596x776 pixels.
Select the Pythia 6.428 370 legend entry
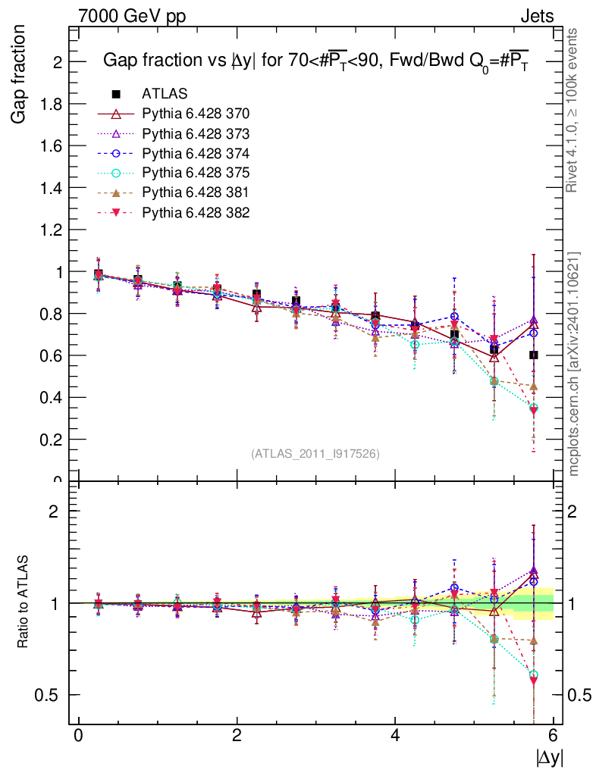click(196, 114)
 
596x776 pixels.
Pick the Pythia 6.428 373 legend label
click(196, 133)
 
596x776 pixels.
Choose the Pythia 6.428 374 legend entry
click(196, 153)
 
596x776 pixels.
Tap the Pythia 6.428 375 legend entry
click(196, 173)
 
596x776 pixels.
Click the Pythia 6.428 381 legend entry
click(196, 192)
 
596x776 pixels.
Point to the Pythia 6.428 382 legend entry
click(196, 212)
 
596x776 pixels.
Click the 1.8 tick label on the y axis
click(52, 104)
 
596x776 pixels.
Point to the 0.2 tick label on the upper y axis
click(52, 440)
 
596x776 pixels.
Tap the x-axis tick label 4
click(395, 736)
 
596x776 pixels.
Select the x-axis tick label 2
click(237, 736)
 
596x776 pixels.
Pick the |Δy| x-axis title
click(549, 757)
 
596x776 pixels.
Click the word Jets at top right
click(537, 16)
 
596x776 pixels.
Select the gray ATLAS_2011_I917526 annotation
click(315, 453)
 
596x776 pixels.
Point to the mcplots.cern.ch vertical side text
click(574, 364)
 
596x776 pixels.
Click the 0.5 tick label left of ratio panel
click(50, 695)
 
